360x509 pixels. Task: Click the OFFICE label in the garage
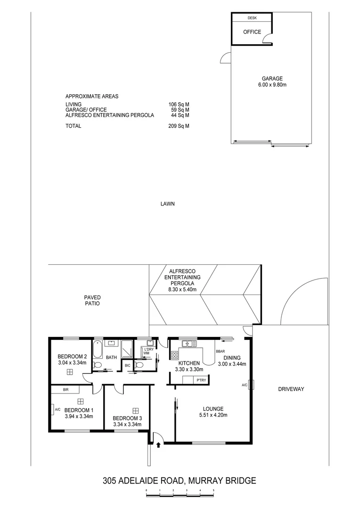tap(252, 33)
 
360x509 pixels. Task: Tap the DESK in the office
tap(252, 18)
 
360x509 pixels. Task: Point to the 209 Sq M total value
tap(179, 126)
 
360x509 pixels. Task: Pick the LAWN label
tap(167, 204)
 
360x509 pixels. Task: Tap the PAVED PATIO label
tap(92, 300)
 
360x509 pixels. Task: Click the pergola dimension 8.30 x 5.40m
tap(182, 289)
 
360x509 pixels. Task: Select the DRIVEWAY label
tap(291, 389)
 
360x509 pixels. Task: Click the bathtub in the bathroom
tap(98, 349)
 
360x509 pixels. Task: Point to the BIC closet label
tap(127, 365)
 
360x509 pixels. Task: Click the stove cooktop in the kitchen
tap(174, 355)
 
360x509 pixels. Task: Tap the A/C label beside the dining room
tap(245, 385)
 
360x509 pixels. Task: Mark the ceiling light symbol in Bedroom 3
tap(136, 410)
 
